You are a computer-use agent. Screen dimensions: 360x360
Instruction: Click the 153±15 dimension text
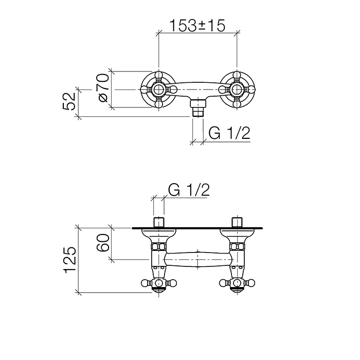coord(197,25)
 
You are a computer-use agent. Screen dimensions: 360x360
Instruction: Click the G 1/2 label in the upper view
coord(229,134)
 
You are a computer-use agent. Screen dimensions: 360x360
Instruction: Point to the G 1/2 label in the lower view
coord(188,191)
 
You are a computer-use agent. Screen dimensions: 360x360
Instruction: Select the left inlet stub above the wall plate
coord(158,222)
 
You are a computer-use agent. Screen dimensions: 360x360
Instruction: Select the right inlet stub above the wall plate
coord(237,222)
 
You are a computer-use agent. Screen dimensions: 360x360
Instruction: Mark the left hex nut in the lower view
coord(158,247)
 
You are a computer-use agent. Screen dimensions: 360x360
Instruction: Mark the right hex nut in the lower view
coord(237,247)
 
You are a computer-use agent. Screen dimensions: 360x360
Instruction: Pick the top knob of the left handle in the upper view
coord(159,76)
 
